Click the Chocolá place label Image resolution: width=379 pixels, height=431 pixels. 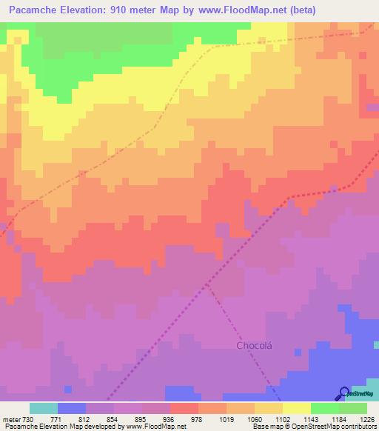click(257, 345)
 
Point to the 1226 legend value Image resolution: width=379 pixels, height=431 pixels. click(368, 418)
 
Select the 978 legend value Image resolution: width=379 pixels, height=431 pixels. click(196, 418)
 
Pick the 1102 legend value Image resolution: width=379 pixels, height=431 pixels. click(281, 418)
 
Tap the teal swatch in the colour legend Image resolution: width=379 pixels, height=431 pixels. click(43, 408)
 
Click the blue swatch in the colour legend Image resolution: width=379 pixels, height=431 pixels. click(71, 408)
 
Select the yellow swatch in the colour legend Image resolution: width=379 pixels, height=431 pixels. click(296, 408)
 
